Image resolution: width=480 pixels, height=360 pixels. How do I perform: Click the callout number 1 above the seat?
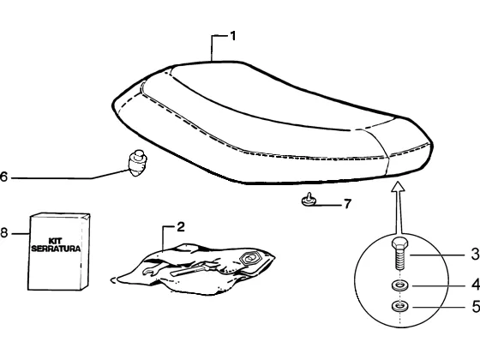point(233,36)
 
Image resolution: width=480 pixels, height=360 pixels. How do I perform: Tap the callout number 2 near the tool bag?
point(181,227)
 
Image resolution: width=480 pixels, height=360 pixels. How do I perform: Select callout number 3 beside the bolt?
point(476,254)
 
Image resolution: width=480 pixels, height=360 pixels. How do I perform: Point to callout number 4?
point(476,285)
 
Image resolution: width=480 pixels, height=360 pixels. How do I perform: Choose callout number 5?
point(476,307)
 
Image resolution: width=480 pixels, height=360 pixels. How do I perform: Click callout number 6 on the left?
point(3,177)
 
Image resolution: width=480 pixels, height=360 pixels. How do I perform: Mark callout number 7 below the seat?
point(347,204)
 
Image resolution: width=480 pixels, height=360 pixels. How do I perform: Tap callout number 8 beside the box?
point(3,233)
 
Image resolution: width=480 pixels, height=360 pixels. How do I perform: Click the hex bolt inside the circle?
point(399,254)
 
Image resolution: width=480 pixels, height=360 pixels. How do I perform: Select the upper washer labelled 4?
point(399,286)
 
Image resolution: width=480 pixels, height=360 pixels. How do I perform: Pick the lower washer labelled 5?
point(399,306)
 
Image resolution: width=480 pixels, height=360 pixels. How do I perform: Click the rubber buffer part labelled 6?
point(137,163)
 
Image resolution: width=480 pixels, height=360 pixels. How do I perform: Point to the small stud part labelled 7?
point(309,200)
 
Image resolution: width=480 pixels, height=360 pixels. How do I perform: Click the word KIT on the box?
point(56,241)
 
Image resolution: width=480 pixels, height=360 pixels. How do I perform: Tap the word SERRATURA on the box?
point(56,249)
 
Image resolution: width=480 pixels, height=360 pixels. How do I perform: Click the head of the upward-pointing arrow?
point(398,187)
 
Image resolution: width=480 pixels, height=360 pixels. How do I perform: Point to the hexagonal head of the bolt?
point(399,243)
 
